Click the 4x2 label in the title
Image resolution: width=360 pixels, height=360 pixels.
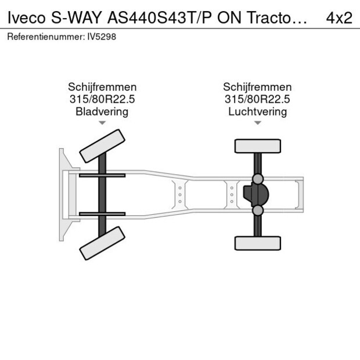click(x=339, y=17)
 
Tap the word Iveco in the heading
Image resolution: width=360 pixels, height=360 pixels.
click(x=27, y=17)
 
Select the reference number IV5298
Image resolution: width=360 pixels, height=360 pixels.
click(x=102, y=37)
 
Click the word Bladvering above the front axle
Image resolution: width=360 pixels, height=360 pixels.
click(x=102, y=112)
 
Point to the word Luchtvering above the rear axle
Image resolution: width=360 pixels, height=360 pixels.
click(x=258, y=112)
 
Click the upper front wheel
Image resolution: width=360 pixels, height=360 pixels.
click(x=102, y=146)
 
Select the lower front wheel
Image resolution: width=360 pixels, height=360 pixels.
click(x=102, y=243)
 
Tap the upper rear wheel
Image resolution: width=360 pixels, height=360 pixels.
click(x=258, y=146)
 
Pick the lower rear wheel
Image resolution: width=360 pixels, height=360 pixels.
click(x=258, y=243)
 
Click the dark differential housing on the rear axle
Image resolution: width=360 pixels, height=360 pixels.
click(x=256, y=195)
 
